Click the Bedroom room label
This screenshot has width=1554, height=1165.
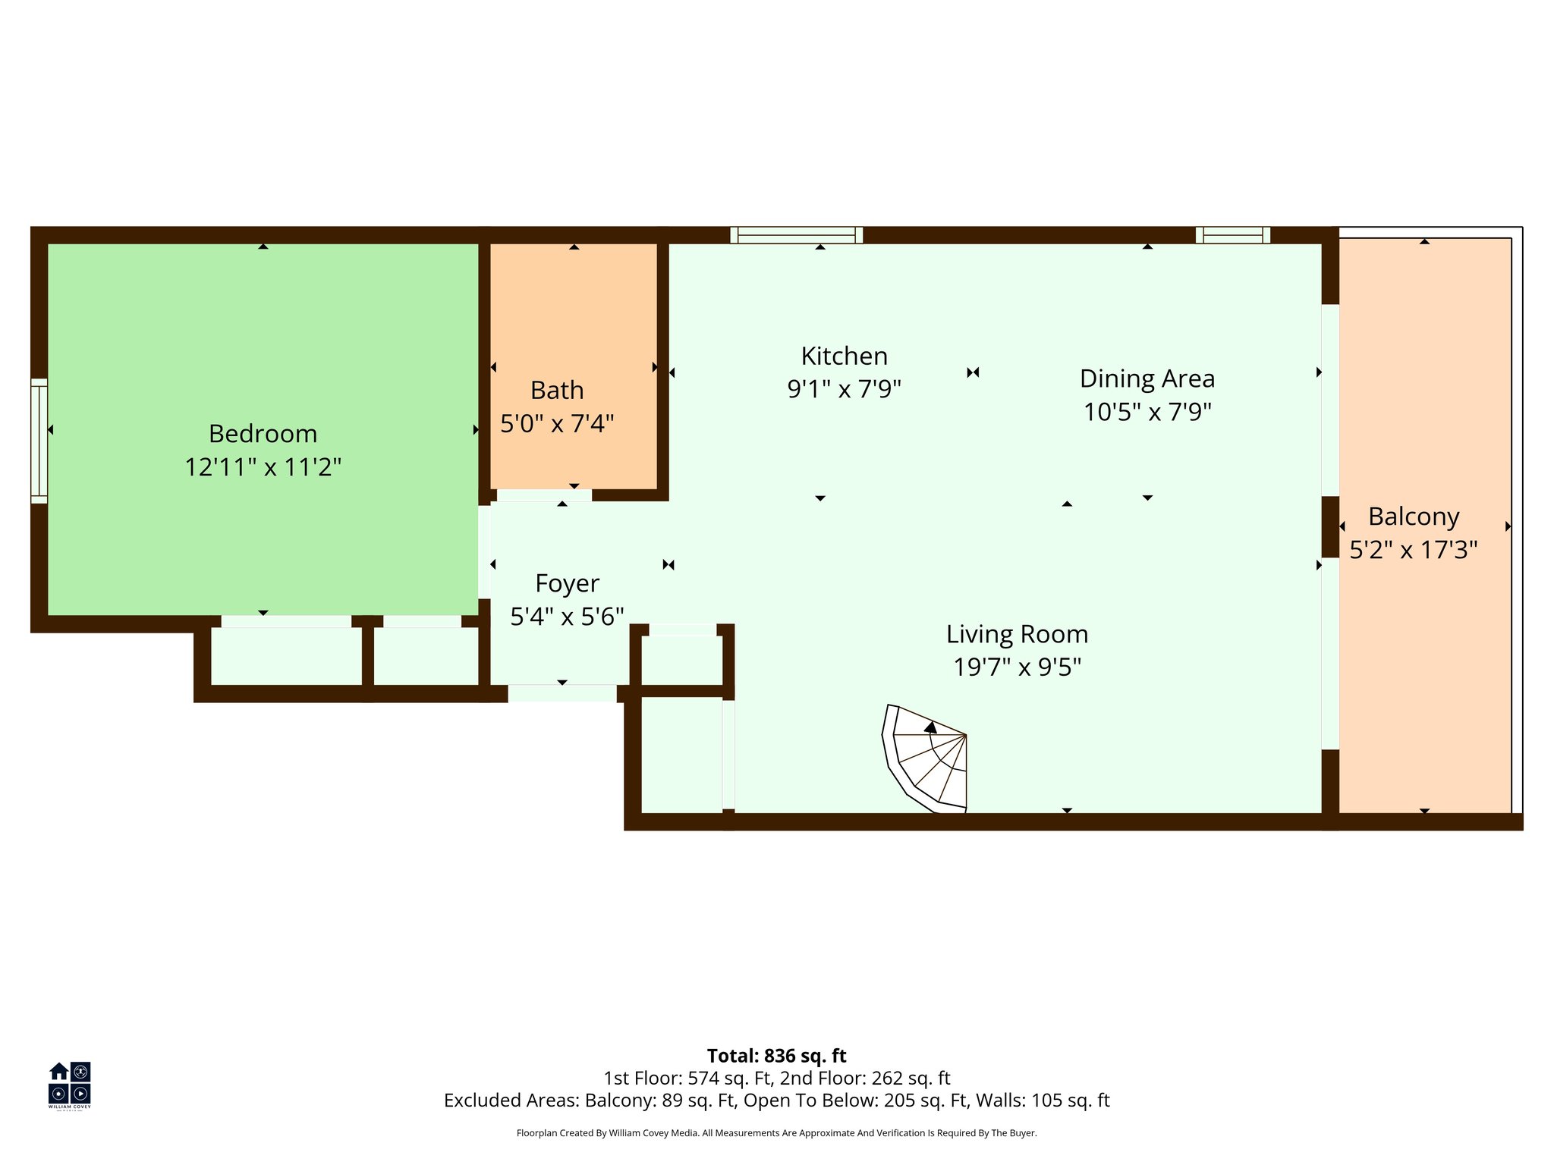263,434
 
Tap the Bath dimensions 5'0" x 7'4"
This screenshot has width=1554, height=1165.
557,423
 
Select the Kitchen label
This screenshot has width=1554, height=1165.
844,356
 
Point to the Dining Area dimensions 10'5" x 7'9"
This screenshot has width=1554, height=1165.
1147,412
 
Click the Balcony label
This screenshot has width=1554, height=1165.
1413,517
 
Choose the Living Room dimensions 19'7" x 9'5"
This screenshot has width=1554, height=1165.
1017,667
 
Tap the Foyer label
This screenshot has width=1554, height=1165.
567,583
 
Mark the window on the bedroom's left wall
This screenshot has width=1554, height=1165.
39,441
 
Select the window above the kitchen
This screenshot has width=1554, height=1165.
796,235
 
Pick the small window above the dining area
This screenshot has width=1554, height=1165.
1232,235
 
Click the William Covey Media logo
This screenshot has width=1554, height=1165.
70,1085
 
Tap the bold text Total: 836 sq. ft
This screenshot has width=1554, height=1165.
776,1056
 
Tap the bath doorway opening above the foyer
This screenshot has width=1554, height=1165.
544,495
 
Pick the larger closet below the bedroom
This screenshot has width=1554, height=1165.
286,656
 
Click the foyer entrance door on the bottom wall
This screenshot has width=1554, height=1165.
562,693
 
